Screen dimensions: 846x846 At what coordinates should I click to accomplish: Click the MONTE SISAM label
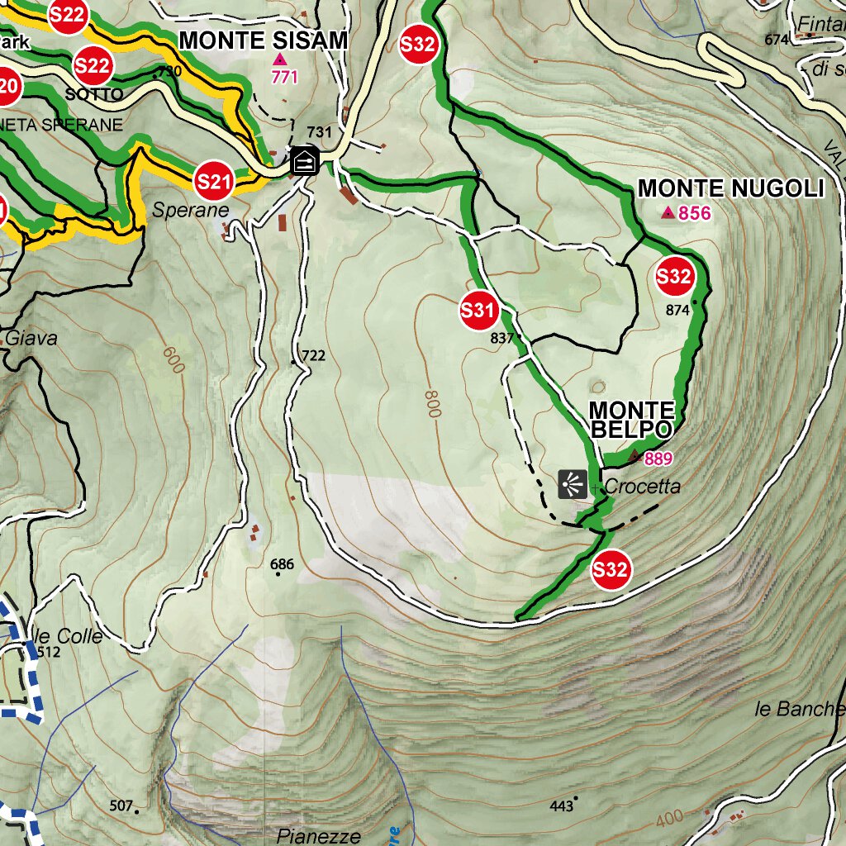(x=263, y=40)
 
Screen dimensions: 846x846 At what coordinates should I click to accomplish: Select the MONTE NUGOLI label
(x=731, y=189)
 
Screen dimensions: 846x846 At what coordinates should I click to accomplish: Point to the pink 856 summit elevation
(x=694, y=214)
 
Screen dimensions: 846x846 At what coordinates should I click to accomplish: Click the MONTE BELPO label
(x=632, y=420)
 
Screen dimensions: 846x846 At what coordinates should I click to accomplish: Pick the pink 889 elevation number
(x=658, y=459)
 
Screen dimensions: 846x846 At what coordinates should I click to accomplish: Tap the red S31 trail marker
(x=478, y=311)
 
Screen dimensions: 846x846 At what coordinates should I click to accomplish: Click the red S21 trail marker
(x=212, y=181)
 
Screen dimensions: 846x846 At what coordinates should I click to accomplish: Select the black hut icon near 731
(x=305, y=160)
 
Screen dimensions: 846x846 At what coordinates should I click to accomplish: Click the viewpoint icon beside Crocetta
(x=573, y=484)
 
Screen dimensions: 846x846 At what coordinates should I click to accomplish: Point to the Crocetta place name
(x=643, y=487)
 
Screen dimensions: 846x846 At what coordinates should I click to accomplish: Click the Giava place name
(x=31, y=338)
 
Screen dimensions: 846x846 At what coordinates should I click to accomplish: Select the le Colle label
(x=69, y=636)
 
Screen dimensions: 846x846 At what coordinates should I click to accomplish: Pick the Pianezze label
(x=319, y=836)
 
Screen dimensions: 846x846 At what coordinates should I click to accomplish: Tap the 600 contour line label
(x=172, y=360)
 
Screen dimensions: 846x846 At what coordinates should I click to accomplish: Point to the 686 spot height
(x=282, y=565)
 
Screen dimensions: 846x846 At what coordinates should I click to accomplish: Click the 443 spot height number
(x=561, y=806)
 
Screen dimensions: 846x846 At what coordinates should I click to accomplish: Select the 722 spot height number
(x=314, y=356)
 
